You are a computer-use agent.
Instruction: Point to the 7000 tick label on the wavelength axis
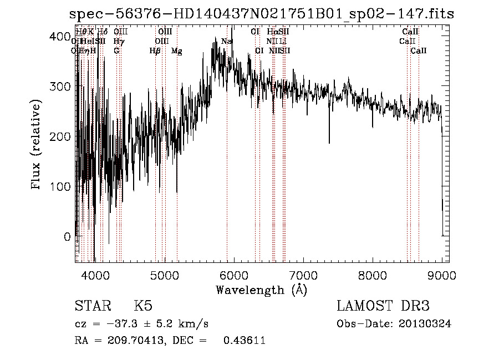(303, 275)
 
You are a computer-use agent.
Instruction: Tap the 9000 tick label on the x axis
(441, 275)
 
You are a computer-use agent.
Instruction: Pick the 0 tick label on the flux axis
(67, 236)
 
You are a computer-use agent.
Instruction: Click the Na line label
(226, 42)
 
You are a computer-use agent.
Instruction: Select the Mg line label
(176, 51)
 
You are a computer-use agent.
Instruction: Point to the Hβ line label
(155, 51)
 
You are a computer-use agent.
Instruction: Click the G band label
(116, 51)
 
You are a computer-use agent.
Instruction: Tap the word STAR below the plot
(92, 306)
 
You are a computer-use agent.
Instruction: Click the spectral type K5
(143, 306)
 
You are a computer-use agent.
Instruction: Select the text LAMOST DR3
(383, 306)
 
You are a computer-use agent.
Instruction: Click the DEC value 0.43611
(244, 341)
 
